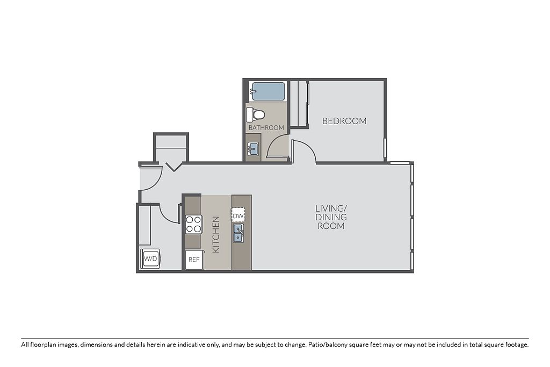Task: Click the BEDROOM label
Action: [x=344, y=121]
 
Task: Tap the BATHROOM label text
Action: [x=266, y=128]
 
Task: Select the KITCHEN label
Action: [x=216, y=234]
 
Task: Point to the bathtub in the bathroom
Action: [x=267, y=91]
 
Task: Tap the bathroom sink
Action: [x=252, y=149]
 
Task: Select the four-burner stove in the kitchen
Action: [x=193, y=224]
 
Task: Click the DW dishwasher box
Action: [x=238, y=216]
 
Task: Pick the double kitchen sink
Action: [x=238, y=233]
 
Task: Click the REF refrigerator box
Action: [x=194, y=260]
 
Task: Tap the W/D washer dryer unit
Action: [x=150, y=259]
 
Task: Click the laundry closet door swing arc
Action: [x=167, y=217]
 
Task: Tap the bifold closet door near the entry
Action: [x=173, y=167]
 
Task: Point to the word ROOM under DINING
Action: [x=331, y=226]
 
